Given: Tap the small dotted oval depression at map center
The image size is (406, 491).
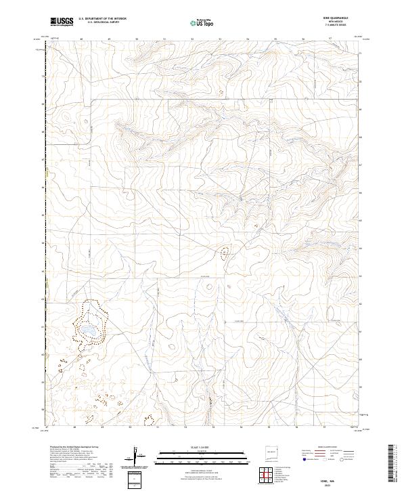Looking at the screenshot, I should coord(225,254).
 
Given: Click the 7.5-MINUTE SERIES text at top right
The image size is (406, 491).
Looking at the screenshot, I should coord(336,26).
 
